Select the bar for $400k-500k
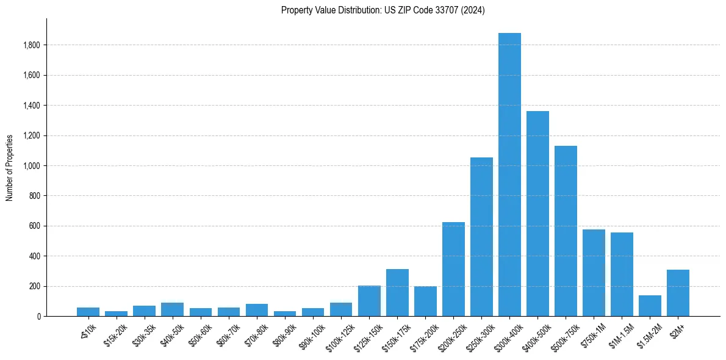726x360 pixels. [x=537, y=214]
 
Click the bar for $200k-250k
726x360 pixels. [x=453, y=269]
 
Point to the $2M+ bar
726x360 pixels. [x=678, y=293]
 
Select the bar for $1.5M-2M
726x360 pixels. [x=650, y=306]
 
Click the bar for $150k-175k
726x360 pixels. [x=397, y=292]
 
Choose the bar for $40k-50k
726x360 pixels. [x=173, y=309]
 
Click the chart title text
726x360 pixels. [x=383, y=10]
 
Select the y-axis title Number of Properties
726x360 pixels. [x=10, y=168]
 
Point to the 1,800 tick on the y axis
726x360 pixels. [x=32, y=45]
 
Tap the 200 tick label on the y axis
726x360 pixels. [x=35, y=286]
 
